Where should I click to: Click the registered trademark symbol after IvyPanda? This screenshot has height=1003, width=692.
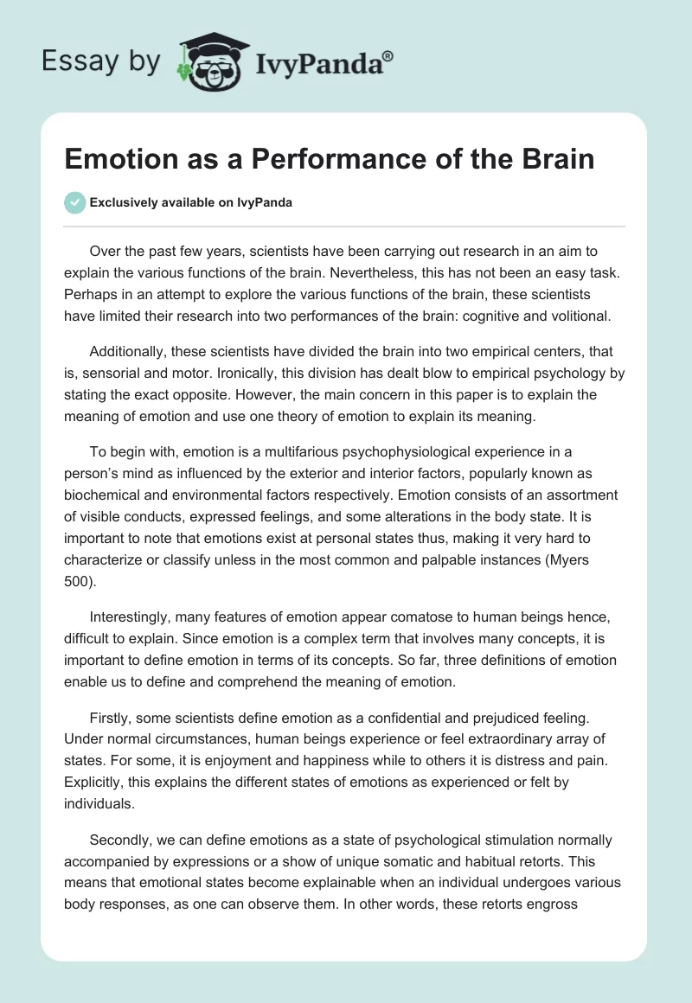[389, 54]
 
